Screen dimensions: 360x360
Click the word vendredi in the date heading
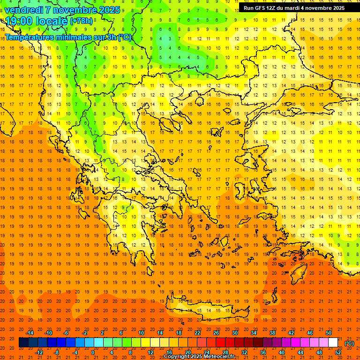[23, 10]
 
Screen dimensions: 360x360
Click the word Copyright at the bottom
[179, 356]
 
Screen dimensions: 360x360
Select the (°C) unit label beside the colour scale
[349, 343]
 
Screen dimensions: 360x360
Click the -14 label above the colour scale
[30, 333]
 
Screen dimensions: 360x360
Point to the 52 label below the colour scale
[338, 352]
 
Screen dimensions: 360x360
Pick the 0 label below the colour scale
[93, 352]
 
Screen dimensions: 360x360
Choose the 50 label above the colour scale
[329, 333]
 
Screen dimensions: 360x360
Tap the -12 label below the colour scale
[39, 352]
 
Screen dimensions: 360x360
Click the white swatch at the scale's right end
[333, 343]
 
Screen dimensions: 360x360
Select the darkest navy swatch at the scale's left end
[23, 343]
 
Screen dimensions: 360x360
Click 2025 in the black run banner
[336, 8]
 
